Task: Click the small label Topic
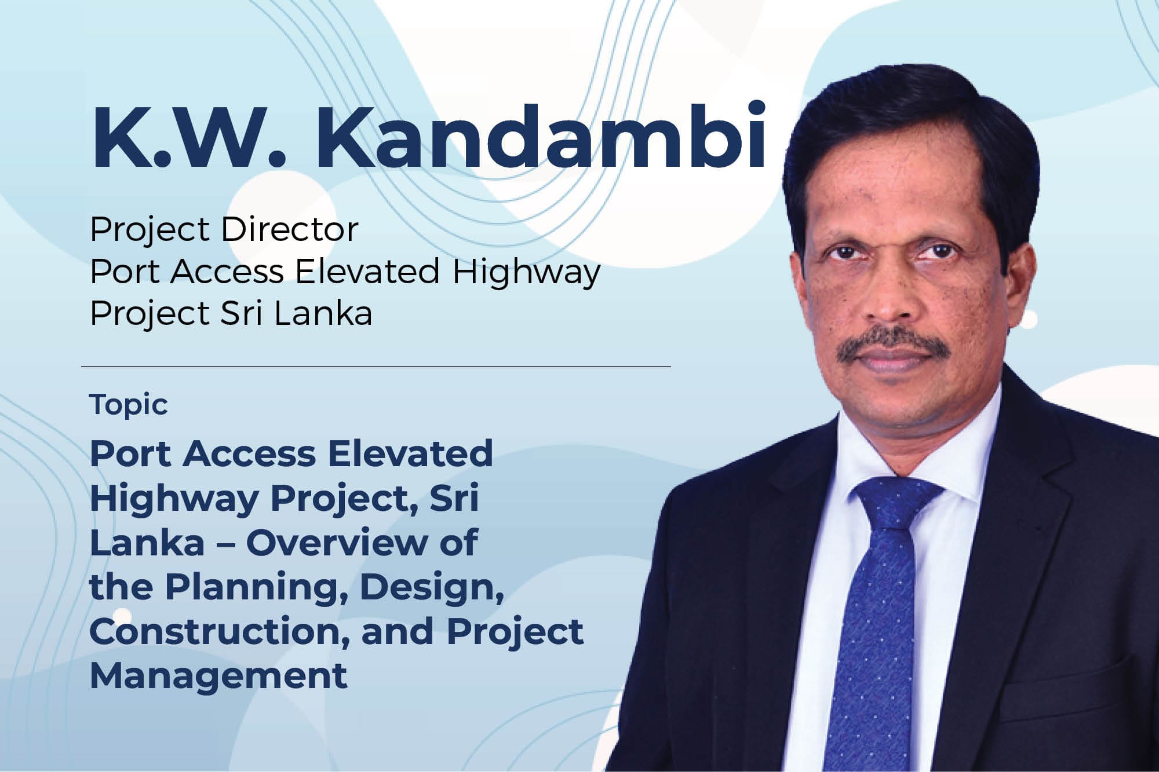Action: [129, 404]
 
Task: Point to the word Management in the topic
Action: [218, 675]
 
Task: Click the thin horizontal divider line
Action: [376, 367]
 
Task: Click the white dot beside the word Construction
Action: [122, 616]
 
